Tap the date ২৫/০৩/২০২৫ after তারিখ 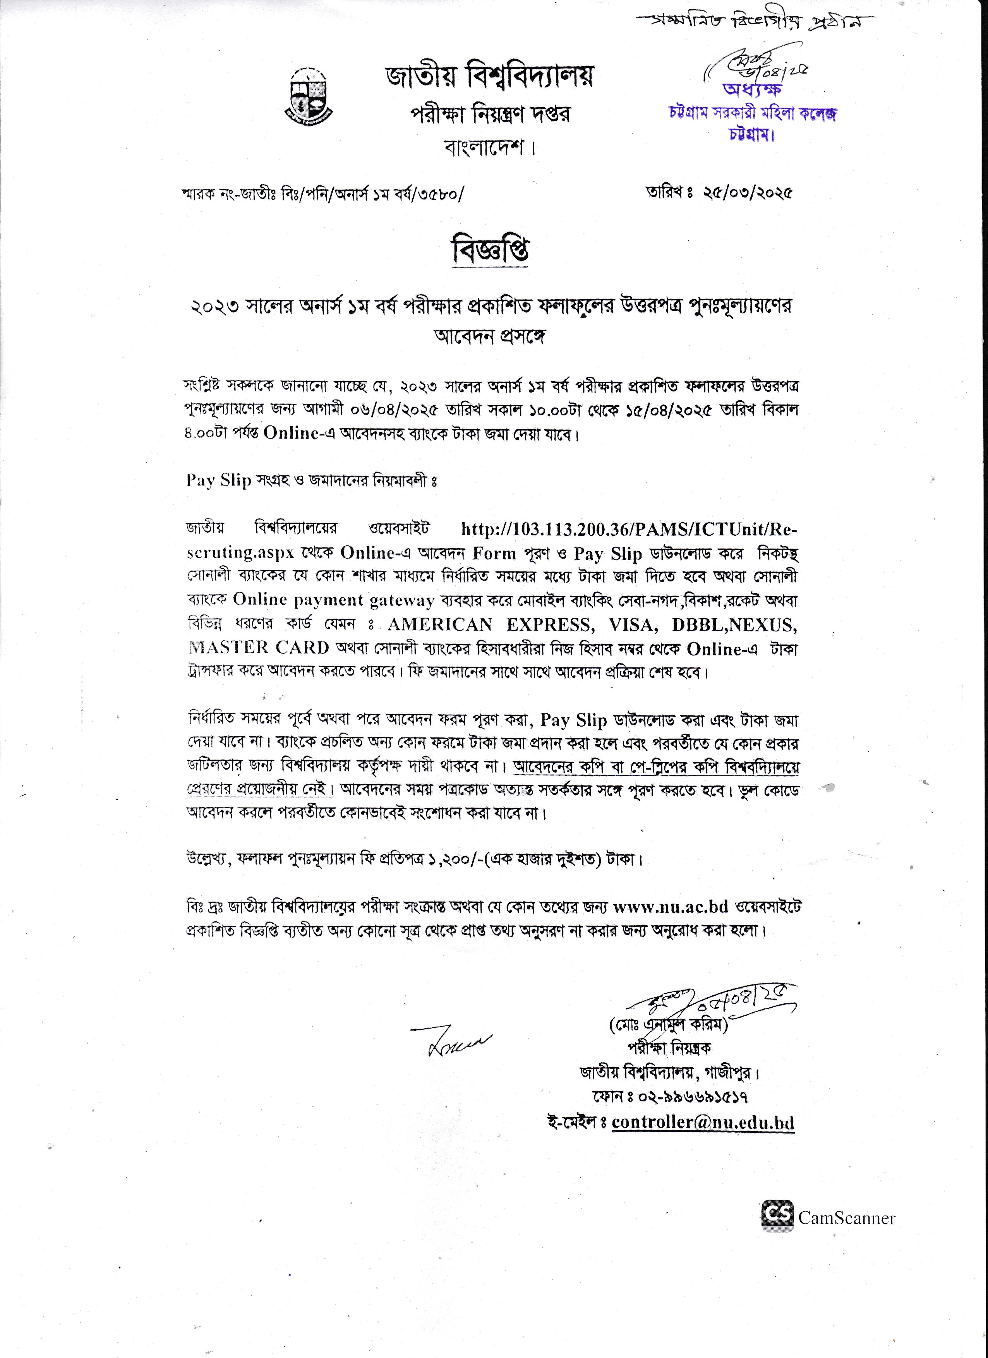point(748,193)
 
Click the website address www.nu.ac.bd point(670,907)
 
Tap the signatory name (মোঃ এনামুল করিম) point(668,1026)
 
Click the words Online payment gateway point(333,600)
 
